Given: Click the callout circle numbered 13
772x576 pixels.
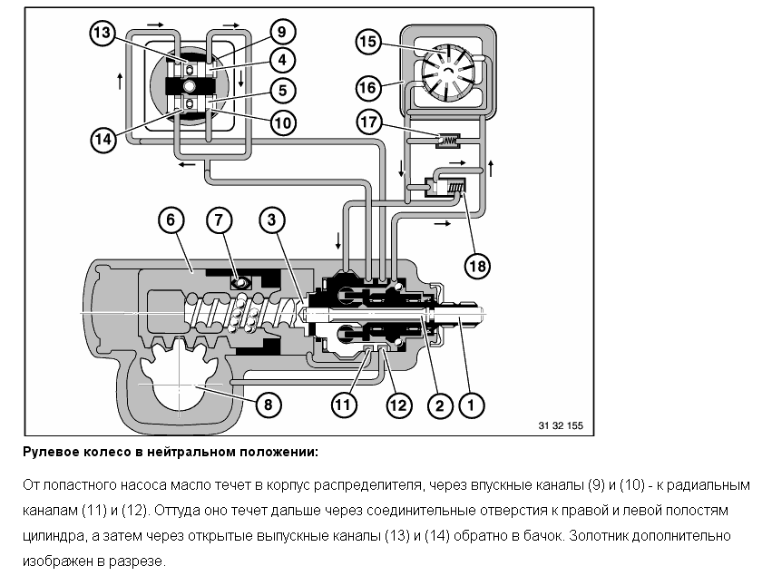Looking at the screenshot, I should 103,34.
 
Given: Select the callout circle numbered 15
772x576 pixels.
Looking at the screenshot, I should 367,42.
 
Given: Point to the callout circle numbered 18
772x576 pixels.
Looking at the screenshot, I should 477,265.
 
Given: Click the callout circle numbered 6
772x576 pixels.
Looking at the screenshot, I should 170,220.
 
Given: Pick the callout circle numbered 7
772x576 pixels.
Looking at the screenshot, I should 220,220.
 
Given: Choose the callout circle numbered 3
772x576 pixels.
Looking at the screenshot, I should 272,220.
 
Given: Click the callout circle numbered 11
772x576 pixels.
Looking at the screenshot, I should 341,405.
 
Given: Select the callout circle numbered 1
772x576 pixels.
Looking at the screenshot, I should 469,405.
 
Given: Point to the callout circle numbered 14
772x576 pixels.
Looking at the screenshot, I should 103,140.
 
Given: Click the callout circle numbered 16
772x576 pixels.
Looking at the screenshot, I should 367,87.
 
